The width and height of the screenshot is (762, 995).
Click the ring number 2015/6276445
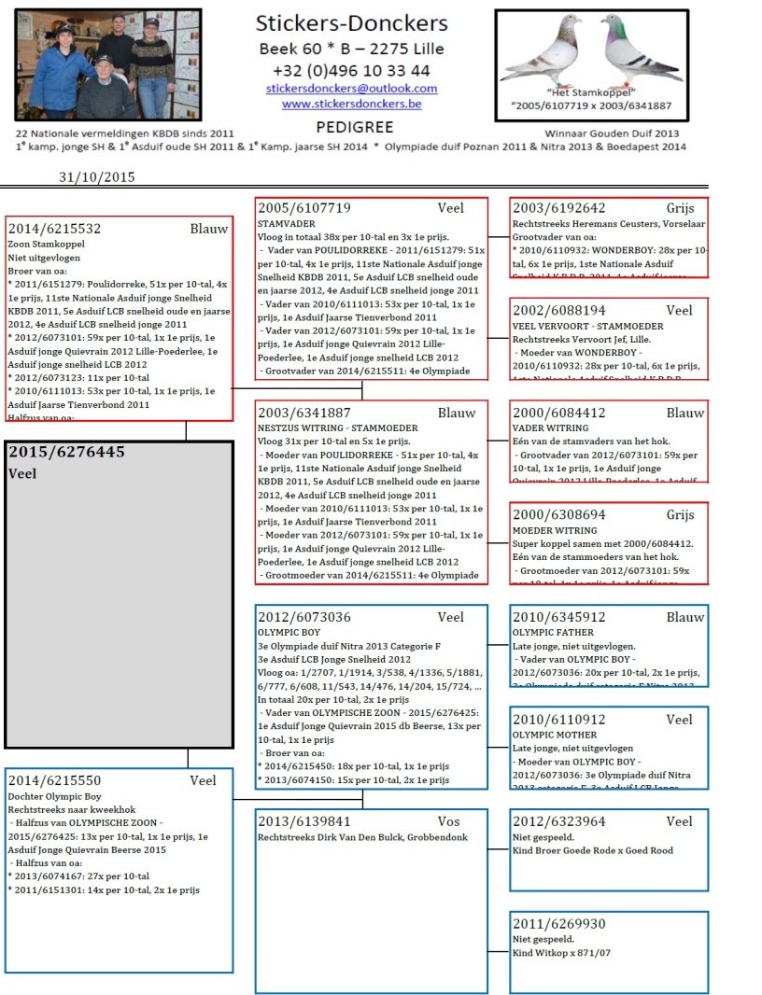coord(66,452)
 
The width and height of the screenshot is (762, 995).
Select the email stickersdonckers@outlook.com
coord(351,89)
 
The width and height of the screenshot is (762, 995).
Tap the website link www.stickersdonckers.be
coord(351,104)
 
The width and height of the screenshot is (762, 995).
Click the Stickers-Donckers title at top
coord(351,23)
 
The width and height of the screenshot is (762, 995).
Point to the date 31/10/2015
coord(97,176)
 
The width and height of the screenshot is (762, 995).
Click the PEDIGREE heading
coord(354,127)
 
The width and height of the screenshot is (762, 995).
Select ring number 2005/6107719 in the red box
coord(304,208)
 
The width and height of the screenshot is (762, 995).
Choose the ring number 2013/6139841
coord(304,821)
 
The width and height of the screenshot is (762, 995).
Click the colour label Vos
coord(449,821)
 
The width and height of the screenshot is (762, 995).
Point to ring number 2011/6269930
coord(559,924)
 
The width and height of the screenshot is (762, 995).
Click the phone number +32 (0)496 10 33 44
coord(351,70)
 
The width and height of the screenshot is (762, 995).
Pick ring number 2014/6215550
coord(54,780)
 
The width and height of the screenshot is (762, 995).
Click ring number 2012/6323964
coord(559,821)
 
